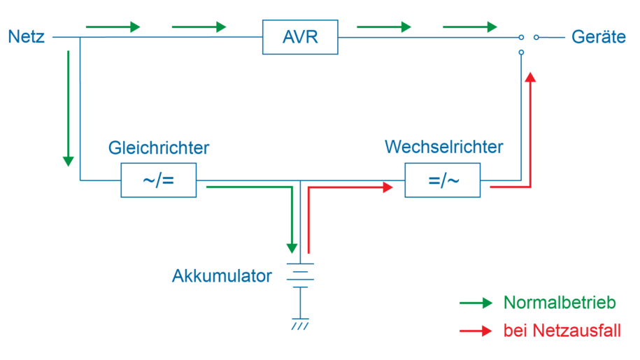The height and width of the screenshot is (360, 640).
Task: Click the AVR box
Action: [x=299, y=37]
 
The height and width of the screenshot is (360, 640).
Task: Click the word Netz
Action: [x=26, y=37]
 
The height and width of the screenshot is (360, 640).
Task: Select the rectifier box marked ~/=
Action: [x=158, y=181]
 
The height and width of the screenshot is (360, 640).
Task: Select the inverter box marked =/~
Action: [x=443, y=181]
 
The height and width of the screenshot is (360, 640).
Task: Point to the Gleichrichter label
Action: [x=159, y=148]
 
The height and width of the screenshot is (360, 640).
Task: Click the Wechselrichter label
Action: [x=443, y=147]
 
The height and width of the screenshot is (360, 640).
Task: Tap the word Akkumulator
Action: [x=222, y=276]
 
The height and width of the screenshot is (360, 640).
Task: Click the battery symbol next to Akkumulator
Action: [x=300, y=275]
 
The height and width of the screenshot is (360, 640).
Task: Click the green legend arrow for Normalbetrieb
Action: [x=476, y=303]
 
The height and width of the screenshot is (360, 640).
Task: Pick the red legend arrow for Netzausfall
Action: [x=476, y=331]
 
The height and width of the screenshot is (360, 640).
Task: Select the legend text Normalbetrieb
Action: [x=560, y=303]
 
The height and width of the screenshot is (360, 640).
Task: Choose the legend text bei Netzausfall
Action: [x=562, y=331]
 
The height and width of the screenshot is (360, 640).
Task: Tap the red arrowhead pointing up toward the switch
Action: [x=531, y=76]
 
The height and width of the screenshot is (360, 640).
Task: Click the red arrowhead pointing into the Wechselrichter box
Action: [x=388, y=187]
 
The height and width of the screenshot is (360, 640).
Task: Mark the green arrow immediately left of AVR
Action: [x=199, y=27]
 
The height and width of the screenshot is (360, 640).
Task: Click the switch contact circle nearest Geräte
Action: [x=536, y=37]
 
